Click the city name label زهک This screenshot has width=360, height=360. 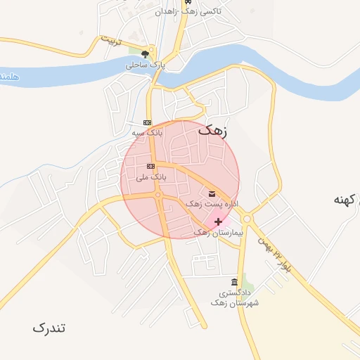[213, 130]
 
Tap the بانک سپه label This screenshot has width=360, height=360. [148, 131]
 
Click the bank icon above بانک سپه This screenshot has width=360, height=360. [146, 122]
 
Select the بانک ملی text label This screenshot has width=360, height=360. [151, 177]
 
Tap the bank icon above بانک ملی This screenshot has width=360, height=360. [150, 166]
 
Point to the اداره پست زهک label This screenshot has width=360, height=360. [212, 203]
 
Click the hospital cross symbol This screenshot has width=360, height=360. [219, 221]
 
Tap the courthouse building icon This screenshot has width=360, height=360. [234, 281]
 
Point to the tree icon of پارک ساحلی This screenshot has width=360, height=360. [146, 53]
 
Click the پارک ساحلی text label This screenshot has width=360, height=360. [146, 65]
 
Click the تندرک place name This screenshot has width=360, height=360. [49, 328]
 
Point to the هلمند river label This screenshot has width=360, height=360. [6, 75]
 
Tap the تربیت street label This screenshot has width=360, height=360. [111, 40]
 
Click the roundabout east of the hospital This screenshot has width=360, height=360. [247, 217]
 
